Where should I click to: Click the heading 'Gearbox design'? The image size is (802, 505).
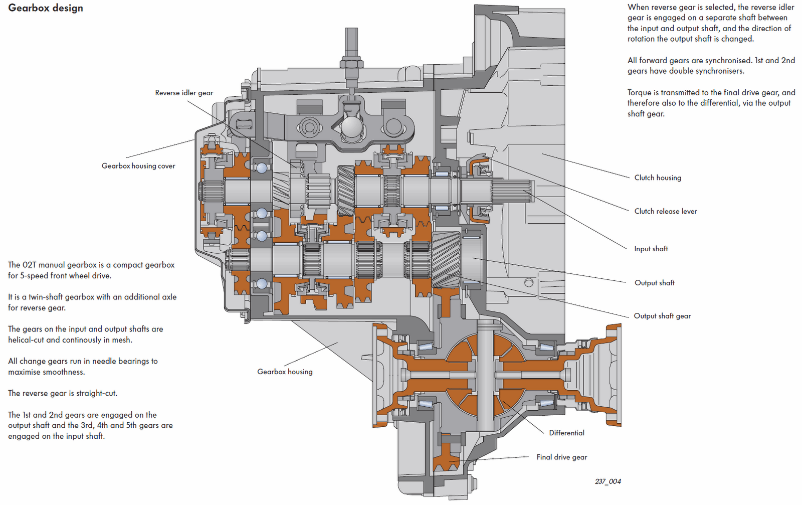click(46, 8)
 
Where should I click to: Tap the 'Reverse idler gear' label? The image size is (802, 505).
click(184, 93)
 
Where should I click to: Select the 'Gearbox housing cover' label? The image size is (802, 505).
click(138, 166)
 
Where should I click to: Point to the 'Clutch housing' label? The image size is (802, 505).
click(658, 178)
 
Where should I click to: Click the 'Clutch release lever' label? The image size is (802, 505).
click(666, 211)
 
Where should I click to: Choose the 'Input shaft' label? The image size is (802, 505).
click(651, 249)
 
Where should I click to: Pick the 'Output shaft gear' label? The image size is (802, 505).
click(662, 316)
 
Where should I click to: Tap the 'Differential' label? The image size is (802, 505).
click(567, 433)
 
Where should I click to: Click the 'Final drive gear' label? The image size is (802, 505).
click(562, 457)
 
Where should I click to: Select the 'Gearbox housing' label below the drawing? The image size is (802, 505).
click(285, 372)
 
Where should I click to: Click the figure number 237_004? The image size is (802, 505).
click(608, 481)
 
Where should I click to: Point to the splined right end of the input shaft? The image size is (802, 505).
click(512, 192)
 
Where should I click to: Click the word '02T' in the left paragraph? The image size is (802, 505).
click(30, 265)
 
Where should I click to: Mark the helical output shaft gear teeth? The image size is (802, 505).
click(446, 260)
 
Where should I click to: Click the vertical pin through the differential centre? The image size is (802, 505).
click(485, 376)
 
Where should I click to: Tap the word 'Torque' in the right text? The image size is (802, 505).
click(639, 93)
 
